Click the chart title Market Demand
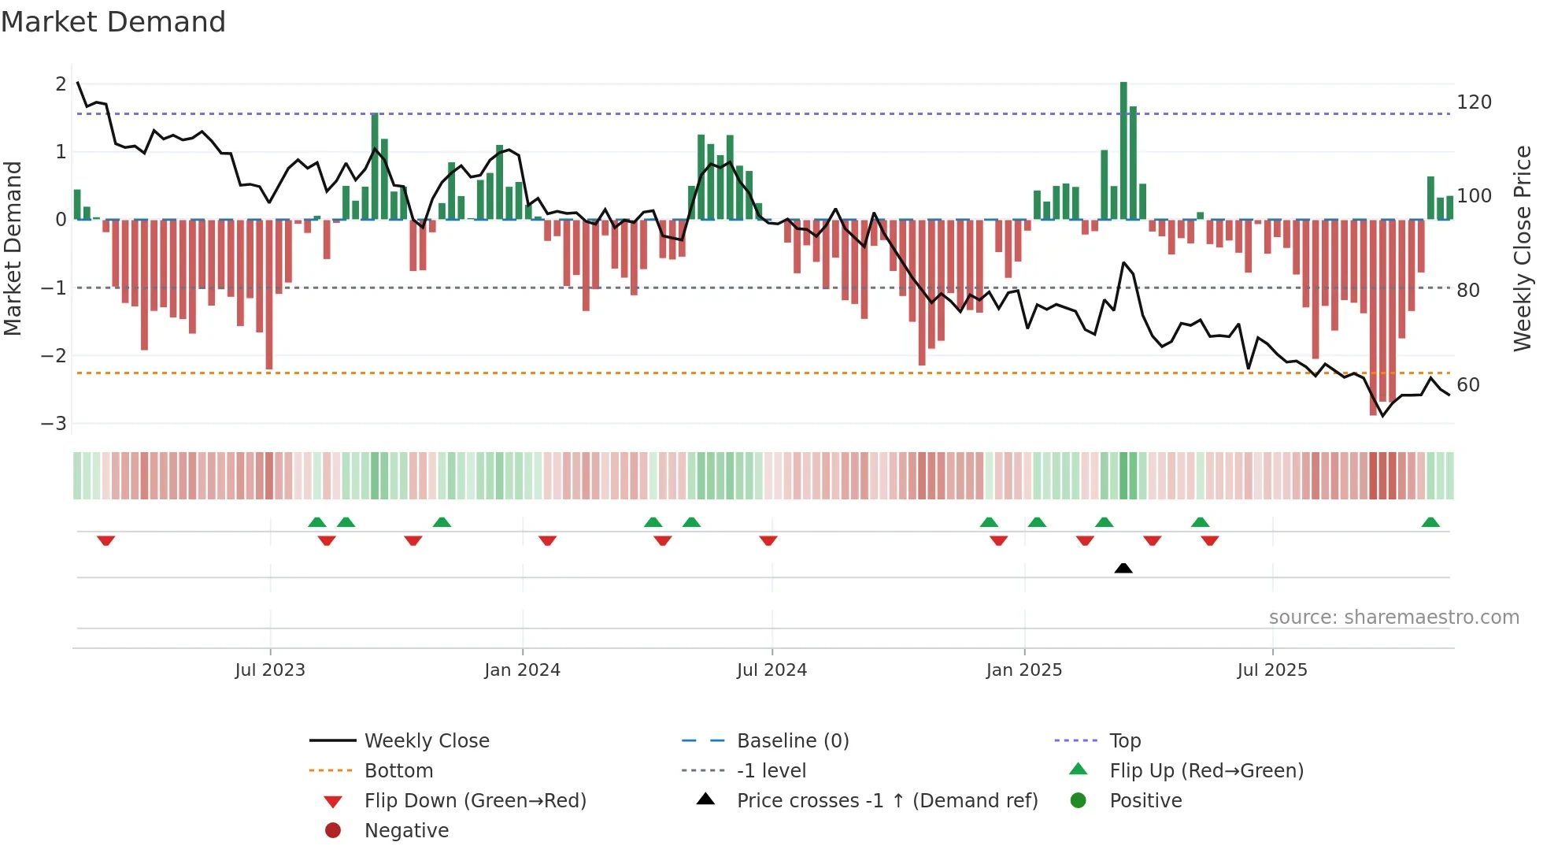[x=113, y=22]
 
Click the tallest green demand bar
[x=1123, y=150]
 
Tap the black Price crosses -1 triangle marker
[x=1123, y=568]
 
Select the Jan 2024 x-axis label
[x=522, y=670]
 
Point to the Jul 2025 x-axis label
[x=1271, y=670]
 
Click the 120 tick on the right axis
[x=1474, y=102]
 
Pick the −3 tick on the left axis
[x=54, y=424]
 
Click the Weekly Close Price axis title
[x=1522, y=248]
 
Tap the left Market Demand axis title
[x=13, y=248]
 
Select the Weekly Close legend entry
[x=426, y=741]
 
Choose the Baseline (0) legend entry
[x=792, y=741]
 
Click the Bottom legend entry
[x=398, y=771]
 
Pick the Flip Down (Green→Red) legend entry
[x=475, y=801]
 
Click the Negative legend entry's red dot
[x=333, y=831]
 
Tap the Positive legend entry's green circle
[x=1079, y=801]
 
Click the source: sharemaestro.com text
[x=1393, y=618]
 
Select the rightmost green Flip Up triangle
[x=1430, y=522]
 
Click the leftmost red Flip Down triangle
[x=106, y=540]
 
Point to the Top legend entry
[x=1124, y=741]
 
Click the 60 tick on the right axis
[x=1467, y=385]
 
